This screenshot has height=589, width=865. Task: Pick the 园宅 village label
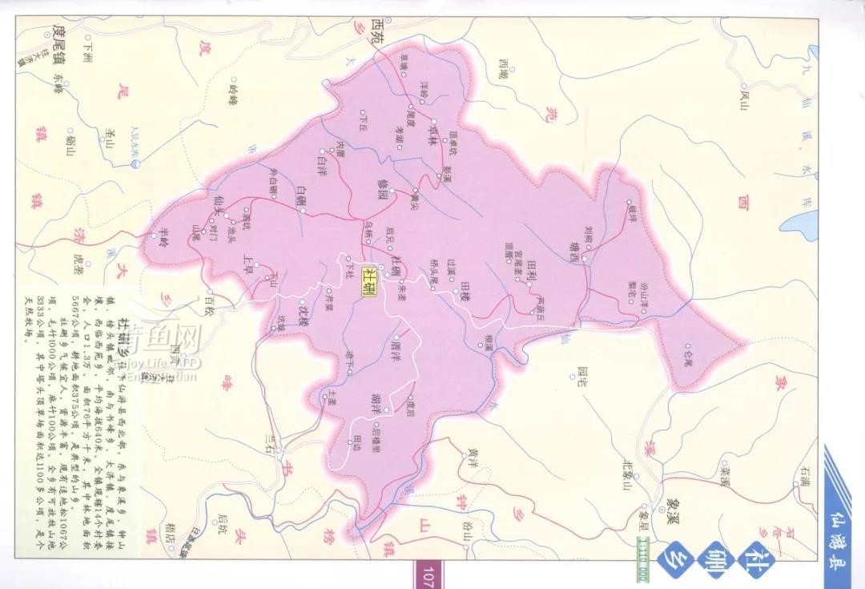click(581, 373)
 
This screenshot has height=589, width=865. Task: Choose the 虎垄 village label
click(78, 264)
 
